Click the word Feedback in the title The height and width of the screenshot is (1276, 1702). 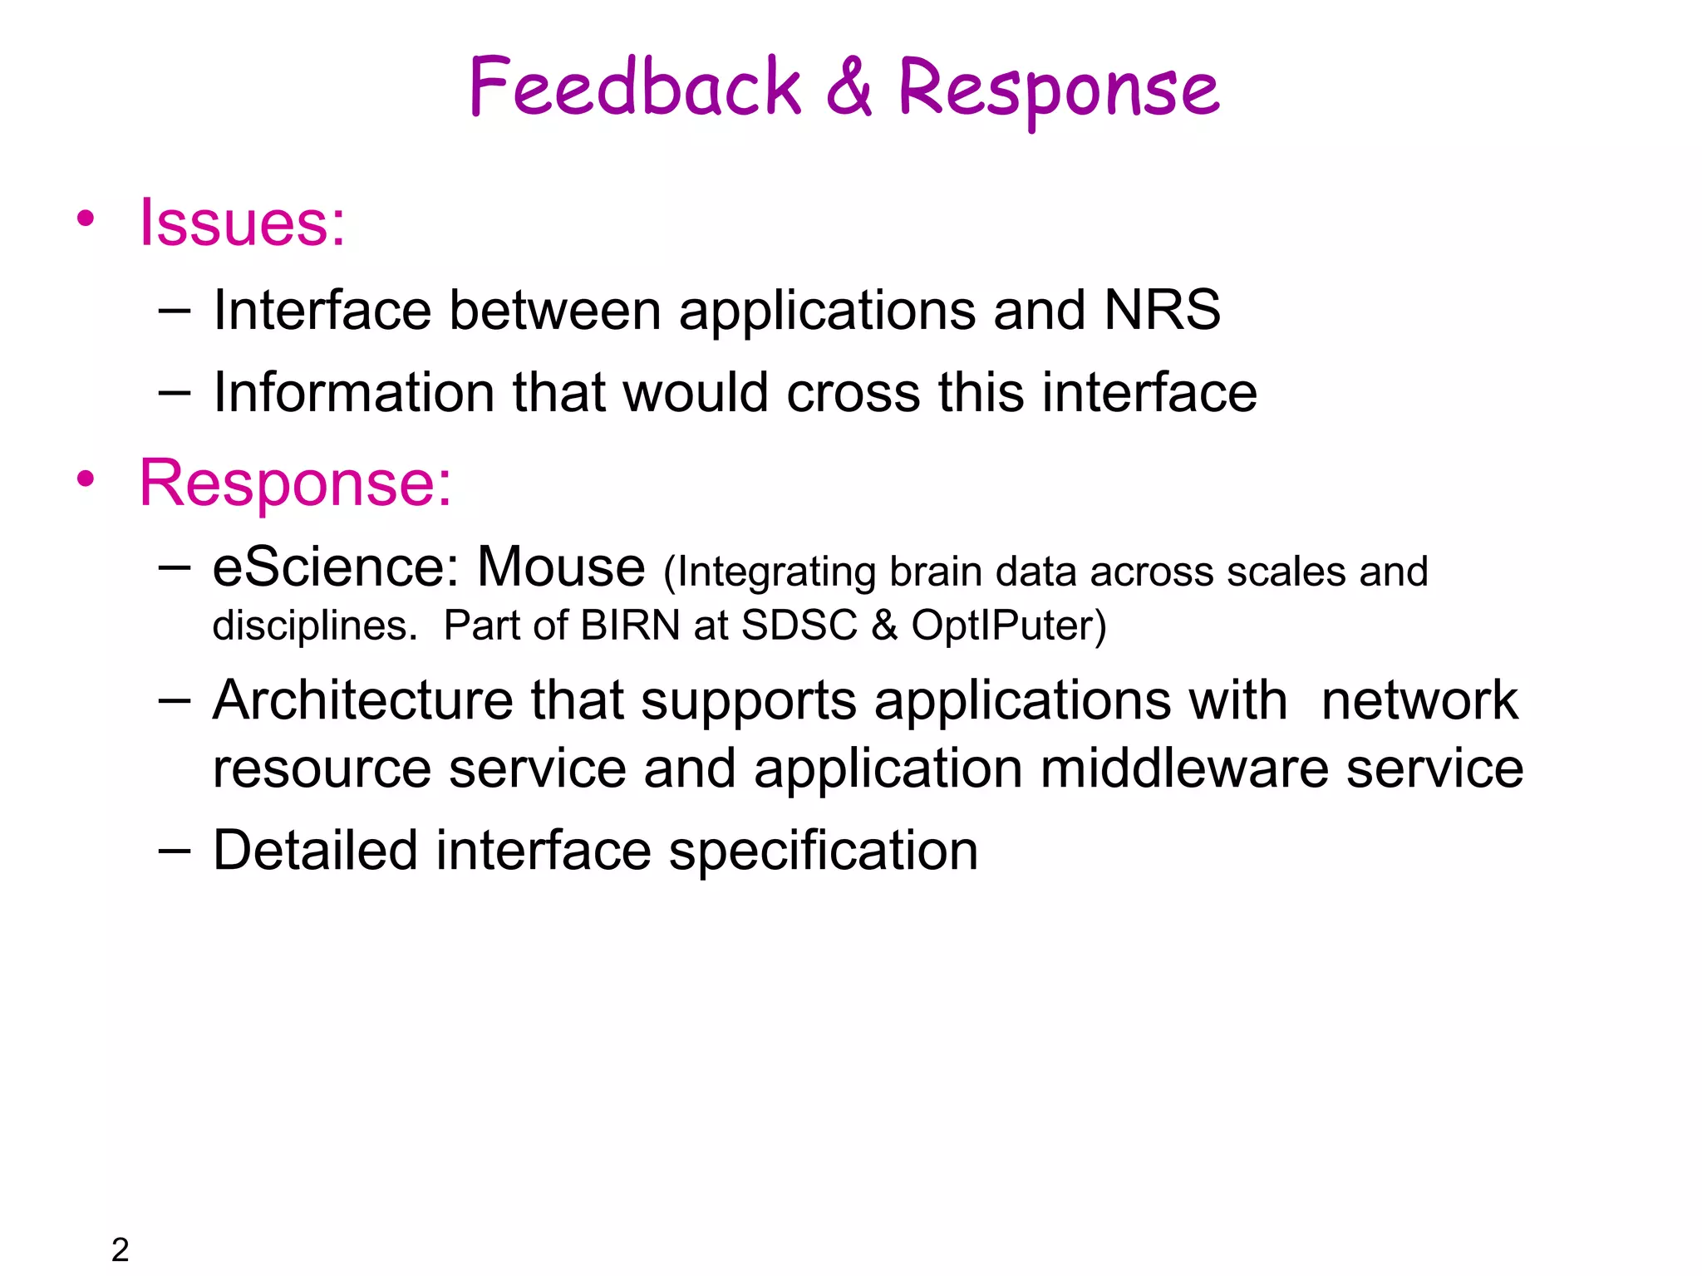pos(635,87)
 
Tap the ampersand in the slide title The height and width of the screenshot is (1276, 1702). pos(849,87)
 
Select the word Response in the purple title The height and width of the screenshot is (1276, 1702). pos(1059,90)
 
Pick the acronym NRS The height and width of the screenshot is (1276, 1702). pos(1162,310)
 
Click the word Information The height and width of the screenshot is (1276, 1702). pos(353,392)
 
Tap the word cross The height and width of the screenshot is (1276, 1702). pos(853,393)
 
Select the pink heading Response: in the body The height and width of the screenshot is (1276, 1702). pos(295,483)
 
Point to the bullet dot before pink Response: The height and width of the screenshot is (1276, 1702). pos(86,479)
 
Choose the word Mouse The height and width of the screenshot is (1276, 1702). pos(561,567)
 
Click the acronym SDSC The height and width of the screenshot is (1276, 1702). pos(799,626)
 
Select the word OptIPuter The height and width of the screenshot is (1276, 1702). pos(1003,626)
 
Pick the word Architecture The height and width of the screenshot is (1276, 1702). pos(363,700)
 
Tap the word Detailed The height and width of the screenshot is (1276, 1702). pos(315,851)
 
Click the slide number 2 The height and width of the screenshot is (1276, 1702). pos(121,1249)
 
